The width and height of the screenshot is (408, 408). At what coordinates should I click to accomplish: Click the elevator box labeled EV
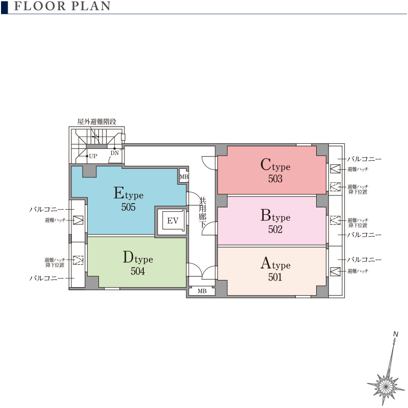(173, 221)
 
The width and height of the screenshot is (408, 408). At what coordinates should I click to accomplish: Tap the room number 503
(275, 178)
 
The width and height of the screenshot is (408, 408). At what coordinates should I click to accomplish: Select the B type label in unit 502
(275, 215)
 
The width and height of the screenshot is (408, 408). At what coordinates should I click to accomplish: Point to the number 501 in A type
(275, 277)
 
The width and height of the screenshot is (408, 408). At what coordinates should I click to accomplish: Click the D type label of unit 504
(138, 258)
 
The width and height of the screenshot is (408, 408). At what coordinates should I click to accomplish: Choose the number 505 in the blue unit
(129, 207)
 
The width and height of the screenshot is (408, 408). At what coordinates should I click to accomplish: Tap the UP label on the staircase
(93, 156)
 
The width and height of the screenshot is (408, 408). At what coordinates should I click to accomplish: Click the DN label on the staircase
(115, 153)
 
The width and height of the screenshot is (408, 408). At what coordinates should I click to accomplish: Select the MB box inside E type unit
(184, 176)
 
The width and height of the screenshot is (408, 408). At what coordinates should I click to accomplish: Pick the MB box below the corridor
(202, 291)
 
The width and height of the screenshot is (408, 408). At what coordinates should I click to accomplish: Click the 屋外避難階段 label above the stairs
(97, 121)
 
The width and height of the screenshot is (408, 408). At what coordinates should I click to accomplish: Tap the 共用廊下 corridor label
(202, 212)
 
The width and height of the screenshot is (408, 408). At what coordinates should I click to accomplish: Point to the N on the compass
(396, 334)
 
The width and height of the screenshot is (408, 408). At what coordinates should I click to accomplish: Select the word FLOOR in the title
(40, 6)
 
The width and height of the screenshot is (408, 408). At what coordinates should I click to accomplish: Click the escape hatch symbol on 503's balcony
(335, 169)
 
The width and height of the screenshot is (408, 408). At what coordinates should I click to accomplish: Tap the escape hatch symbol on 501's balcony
(335, 271)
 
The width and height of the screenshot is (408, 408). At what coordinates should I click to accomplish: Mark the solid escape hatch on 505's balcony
(78, 220)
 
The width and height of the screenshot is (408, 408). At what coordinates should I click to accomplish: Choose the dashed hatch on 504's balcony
(78, 260)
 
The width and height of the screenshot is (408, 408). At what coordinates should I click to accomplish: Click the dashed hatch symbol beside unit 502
(335, 220)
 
